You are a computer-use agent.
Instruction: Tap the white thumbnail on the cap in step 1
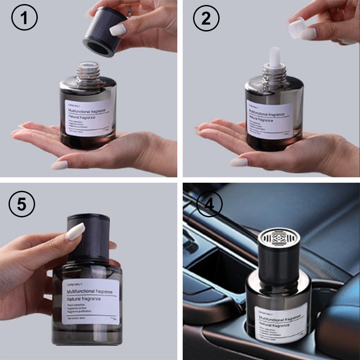(118, 30)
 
